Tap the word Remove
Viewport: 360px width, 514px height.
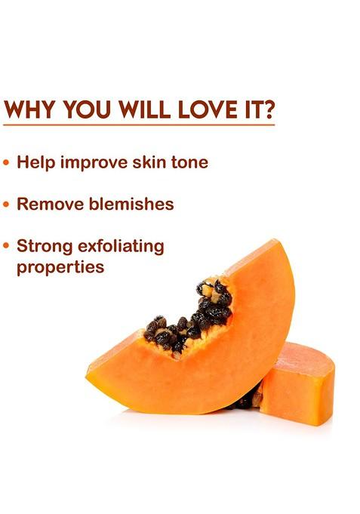tap(48, 204)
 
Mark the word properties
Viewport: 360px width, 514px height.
tap(60, 268)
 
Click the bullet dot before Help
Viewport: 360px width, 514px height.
tap(7, 163)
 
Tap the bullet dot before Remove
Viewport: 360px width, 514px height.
tap(7, 205)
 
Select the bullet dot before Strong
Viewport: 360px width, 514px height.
tap(7, 246)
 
